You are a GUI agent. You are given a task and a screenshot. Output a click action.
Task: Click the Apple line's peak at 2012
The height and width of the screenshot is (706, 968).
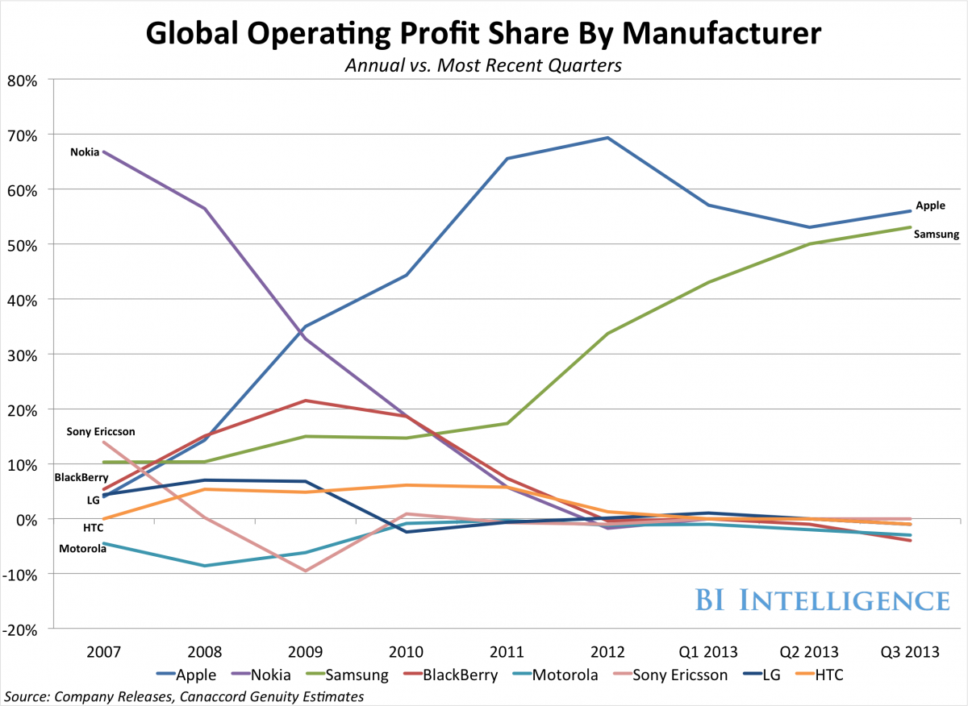coord(607,138)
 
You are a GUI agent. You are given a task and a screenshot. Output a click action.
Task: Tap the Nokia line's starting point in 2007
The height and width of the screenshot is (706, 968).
coord(103,152)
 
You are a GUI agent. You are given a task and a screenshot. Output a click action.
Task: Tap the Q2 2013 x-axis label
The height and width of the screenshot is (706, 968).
coord(809,651)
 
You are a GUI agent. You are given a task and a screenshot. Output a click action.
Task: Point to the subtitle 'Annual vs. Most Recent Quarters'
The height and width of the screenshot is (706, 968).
coord(483,65)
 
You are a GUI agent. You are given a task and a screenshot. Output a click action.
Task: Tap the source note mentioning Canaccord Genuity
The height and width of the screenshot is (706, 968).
coord(184,696)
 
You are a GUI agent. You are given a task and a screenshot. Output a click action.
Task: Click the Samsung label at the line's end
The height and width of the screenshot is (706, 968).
coord(937,235)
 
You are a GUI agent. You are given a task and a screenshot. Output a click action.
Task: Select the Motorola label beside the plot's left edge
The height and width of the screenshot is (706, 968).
coord(83,549)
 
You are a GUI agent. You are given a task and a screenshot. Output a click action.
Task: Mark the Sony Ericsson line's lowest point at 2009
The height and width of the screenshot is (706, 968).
coord(305,571)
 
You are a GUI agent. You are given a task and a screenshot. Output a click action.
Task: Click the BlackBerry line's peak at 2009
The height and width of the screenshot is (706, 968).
coord(305,401)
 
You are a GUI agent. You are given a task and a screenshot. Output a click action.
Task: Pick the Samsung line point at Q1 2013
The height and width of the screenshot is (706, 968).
coord(708,282)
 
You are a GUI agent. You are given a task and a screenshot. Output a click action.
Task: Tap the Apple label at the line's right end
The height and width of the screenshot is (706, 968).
coord(930,206)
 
